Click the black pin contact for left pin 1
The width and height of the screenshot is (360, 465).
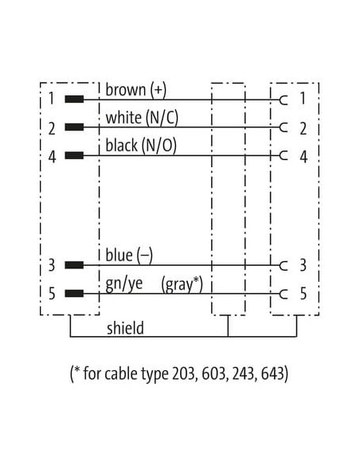tap(74, 100)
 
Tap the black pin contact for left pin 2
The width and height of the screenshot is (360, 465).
tap(74, 127)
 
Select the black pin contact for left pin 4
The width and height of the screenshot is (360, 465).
tap(74, 155)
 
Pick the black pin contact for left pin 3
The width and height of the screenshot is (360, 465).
tap(74, 265)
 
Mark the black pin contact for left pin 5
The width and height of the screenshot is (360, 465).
tap(74, 294)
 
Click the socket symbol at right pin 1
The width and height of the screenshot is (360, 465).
tap(284, 100)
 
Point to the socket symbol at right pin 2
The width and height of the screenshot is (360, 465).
tap(284, 127)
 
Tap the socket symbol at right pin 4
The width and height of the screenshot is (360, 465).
tap(284, 155)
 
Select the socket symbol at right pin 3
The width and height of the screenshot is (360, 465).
tap(284, 265)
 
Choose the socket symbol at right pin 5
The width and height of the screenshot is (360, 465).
tap(284, 294)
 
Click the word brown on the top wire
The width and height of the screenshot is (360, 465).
tap(126, 90)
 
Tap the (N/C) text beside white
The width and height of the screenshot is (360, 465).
tap(162, 118)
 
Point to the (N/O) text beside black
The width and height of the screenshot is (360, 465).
tap(158, 146)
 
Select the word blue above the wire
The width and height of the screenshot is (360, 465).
tap(119, 255)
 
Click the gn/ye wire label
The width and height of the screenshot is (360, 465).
tap(124, 284)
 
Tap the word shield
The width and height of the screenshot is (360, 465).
tap(125, 328)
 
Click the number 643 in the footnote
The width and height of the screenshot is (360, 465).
tap(274, 373)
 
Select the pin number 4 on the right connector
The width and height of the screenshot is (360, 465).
tap(303, 157)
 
